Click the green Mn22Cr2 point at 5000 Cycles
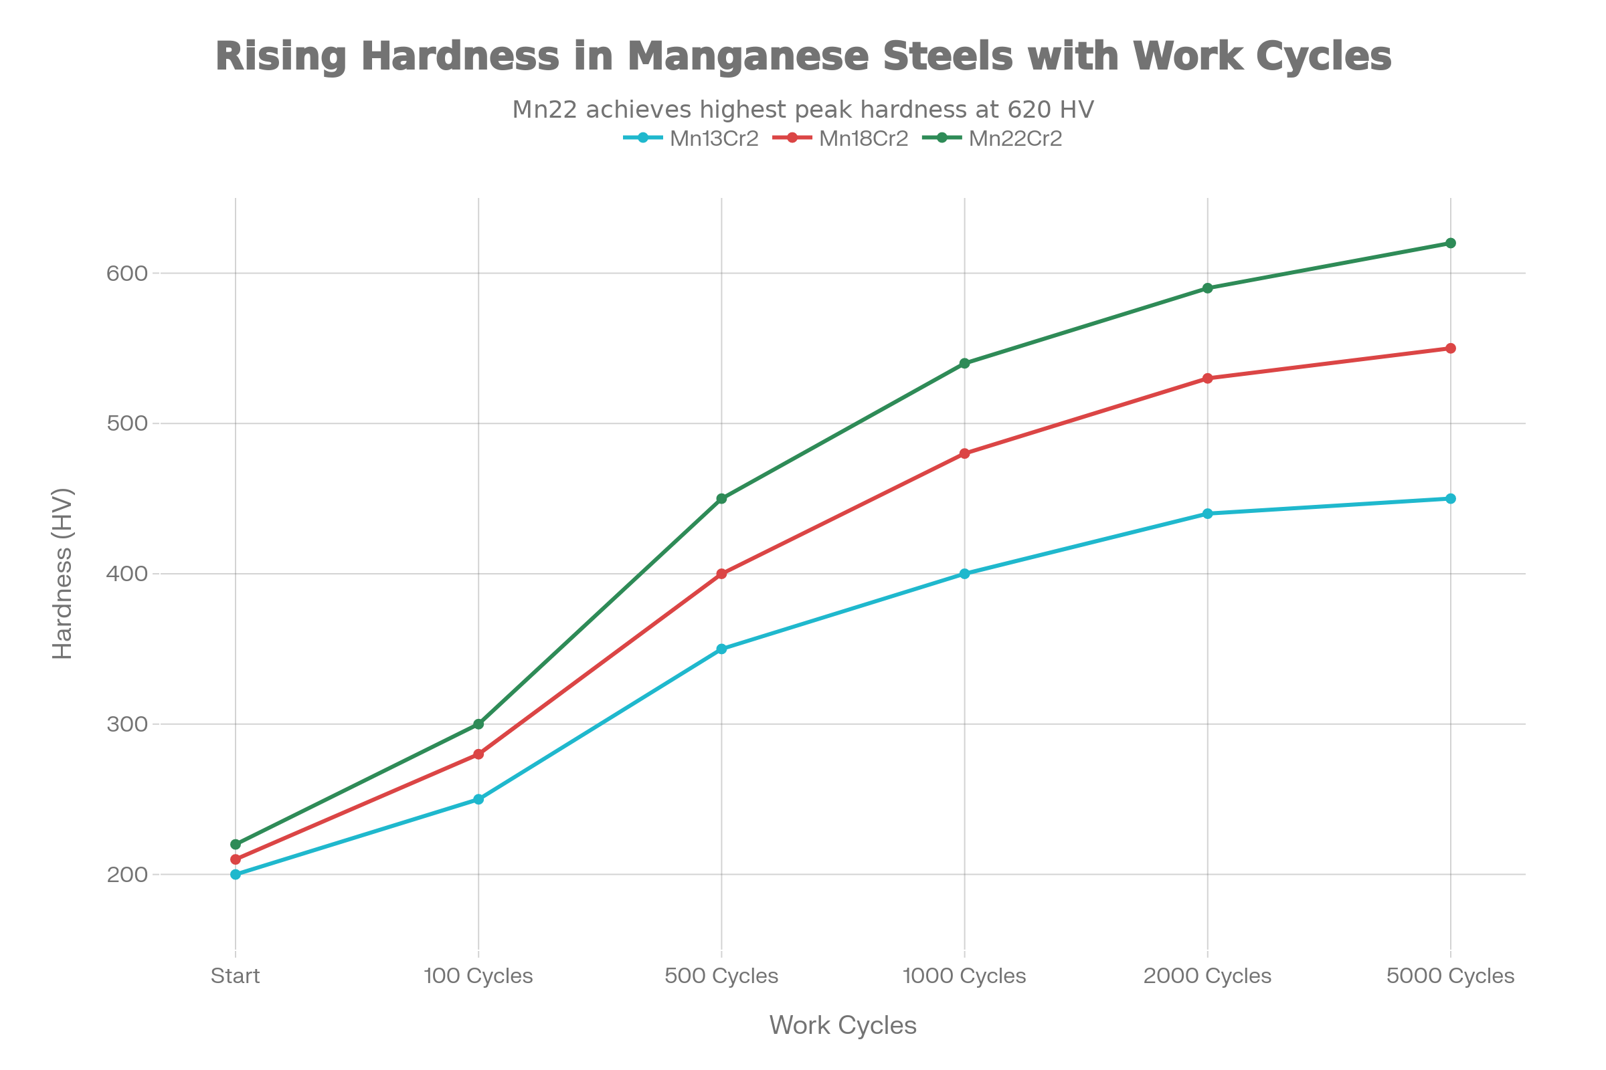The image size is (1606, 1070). tap(1450, 243)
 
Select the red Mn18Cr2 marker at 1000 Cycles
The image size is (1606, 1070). tap(965, 454)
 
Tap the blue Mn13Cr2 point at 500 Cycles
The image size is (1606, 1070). tap(722, 649)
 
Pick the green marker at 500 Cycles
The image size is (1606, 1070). tap(722, 499)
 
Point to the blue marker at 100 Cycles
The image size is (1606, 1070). tap(478, 799)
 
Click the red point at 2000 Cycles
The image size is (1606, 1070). tap(1208, 379)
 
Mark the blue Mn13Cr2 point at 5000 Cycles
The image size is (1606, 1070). tap(1450, 499)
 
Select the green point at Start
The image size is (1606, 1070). tap(236, 844)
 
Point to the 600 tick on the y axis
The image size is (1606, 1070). tap(127, 274)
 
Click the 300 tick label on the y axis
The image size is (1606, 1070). tap(127, 724)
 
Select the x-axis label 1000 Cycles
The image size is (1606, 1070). tap(964, 976)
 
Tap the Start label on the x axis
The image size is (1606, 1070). tap(235, 976)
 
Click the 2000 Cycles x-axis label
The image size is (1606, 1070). tap(1207, 976)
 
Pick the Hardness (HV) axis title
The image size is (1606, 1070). tap(63, 574)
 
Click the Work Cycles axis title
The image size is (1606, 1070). tap(842, 1026)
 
